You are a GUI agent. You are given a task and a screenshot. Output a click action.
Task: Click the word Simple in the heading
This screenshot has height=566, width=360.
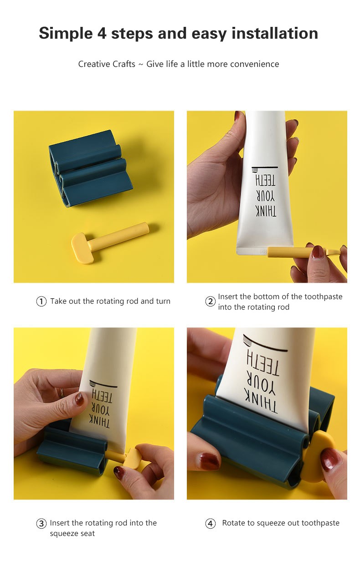(x=66, y=34)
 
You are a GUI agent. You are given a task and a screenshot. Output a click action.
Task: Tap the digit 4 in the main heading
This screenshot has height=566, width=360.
(x=102, y=33)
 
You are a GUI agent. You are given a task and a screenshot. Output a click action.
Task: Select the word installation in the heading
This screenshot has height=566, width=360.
(x=275, y=33)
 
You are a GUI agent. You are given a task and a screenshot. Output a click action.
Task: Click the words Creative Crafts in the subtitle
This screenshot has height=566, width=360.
(x=107, y=64)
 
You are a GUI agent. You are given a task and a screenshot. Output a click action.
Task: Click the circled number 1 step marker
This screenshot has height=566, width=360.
(x=41, y=301)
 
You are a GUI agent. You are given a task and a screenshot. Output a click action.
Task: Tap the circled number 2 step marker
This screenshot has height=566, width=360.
(x=211, y=301)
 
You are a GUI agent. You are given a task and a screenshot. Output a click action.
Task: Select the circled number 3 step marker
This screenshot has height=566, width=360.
(x=41, y=523)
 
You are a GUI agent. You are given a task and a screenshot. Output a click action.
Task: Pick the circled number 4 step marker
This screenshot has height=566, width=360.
(x=211, y=523)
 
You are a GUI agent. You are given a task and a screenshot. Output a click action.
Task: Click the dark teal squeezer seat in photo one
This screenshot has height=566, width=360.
(x=91, y=168)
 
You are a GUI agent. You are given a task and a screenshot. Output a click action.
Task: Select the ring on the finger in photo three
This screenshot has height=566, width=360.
(x=61, y=393)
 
